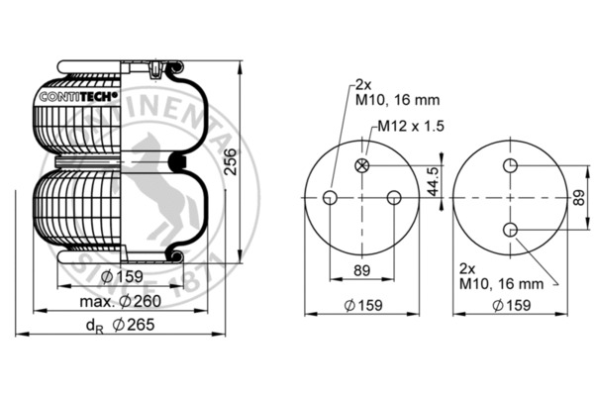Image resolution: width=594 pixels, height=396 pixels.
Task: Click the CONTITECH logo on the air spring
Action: coord(79,97)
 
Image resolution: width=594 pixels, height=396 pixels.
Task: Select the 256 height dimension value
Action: coord(230,161)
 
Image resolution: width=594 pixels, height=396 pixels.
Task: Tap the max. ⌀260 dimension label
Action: coord(121,301)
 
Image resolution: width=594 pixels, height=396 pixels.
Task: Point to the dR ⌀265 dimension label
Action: coord(121,325)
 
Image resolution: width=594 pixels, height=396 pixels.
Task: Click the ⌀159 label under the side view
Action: coord(122,276)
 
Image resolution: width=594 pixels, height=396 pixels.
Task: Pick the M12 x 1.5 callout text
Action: coord(411,126)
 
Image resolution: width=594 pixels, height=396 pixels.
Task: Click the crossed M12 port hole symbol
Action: coord(361,165)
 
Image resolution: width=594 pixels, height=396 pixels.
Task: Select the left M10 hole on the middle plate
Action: coord(330,197)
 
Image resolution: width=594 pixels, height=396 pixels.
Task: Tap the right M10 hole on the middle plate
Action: coord(394,197)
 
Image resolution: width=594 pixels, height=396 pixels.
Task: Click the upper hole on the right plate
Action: coord(510,165)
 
